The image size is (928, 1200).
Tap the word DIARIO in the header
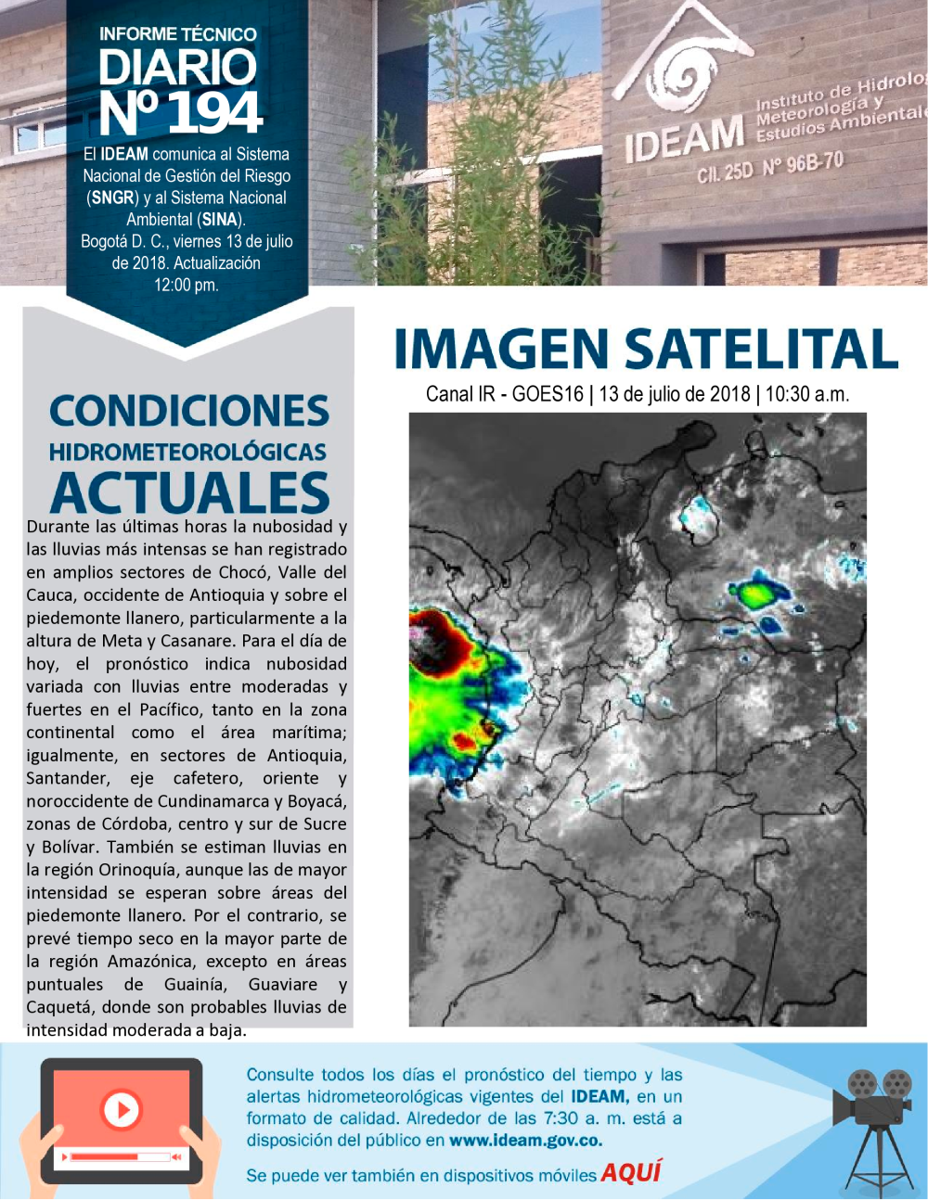click(x=177, y=68)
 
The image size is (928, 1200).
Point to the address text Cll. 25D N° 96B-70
click(x=770, y=168)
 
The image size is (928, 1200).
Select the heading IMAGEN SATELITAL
click(x=646, y=349)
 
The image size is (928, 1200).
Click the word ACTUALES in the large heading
click(x=190, y=492)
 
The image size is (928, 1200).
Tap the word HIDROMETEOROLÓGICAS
click(x=187, y=453)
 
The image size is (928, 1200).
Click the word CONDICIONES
click(x=189, y=412)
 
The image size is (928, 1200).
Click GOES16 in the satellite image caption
click(x=548, y=394)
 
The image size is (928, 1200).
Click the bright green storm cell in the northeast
click(x=756, y=594)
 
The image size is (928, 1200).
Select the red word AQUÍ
click(x=631, y=1172)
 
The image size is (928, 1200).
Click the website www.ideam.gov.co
click(x=525, y=1140)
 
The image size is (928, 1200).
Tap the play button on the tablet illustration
click(x=121, y=1109)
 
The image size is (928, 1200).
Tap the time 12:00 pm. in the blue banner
click(x=187, y=285)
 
